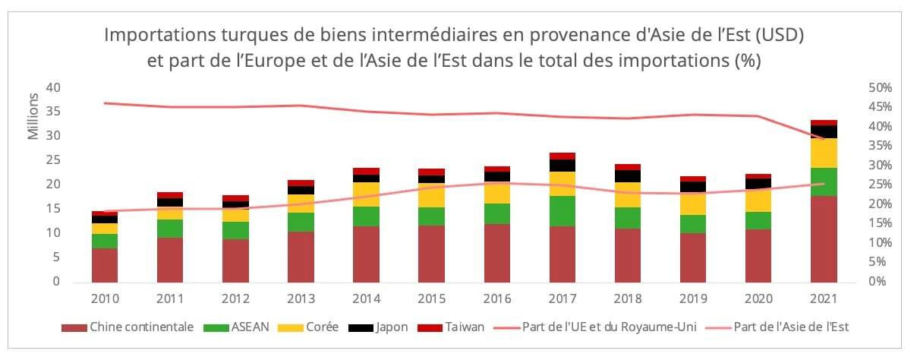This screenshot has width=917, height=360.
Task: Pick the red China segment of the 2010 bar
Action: (x=105, y=264)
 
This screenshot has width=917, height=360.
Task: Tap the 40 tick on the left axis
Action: (x=52, y=87)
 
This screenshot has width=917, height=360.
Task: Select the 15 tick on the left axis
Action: (x=52, y=209)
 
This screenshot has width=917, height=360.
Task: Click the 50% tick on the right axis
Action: (x=879, y=87)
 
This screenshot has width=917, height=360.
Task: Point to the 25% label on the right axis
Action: (x=879, y=185)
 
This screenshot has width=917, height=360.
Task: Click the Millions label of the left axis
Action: (x=33, y=115)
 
